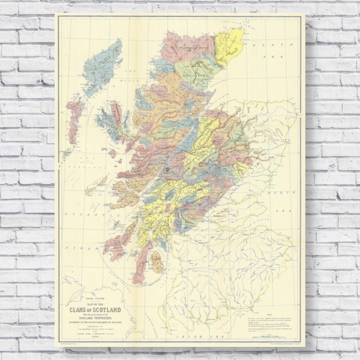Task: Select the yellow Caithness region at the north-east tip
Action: (229, 46)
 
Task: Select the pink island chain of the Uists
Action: (74, 120)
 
